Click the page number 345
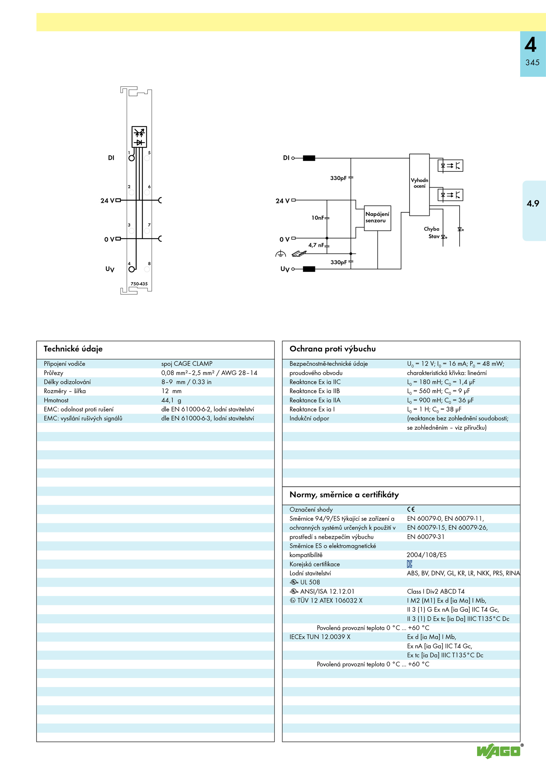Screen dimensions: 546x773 532,63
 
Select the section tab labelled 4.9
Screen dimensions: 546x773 533,204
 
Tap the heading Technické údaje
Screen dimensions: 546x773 73,349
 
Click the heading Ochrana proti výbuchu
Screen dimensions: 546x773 332,349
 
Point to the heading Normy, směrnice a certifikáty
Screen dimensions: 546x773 344,495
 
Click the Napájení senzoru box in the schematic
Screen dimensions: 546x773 377,218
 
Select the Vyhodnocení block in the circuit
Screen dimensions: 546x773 419,184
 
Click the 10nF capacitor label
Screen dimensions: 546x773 318,218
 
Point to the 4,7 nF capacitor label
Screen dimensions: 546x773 316,245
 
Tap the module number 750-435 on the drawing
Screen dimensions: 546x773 139,284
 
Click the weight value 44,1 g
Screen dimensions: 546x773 171,400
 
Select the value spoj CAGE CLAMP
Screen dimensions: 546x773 187,363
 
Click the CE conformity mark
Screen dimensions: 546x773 411,509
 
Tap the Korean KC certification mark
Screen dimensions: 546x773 409,564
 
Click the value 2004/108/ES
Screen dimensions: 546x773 427,555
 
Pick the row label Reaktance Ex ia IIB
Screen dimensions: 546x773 315,391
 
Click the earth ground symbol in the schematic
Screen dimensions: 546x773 281,253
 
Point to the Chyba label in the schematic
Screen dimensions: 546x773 432,229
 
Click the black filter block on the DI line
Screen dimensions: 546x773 309,158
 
